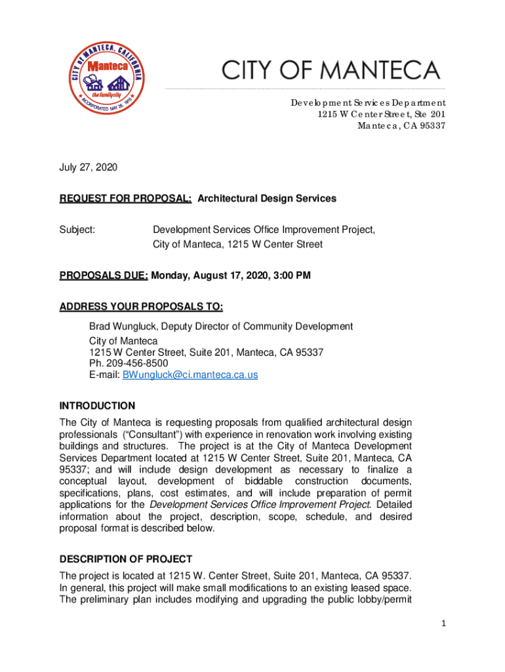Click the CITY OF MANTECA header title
[x=331, y=70]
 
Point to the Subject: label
[x=77, y=230]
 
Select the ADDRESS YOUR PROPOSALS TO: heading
[x=141, y=306]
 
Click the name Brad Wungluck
[x=122, y=326]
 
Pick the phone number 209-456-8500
[x=136, y=363]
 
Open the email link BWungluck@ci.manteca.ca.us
[x=190, y=375]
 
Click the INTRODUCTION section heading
[x=97, y=406]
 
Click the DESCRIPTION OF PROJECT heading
[x=126, y=559]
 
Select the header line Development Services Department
[x=369, y=102]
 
